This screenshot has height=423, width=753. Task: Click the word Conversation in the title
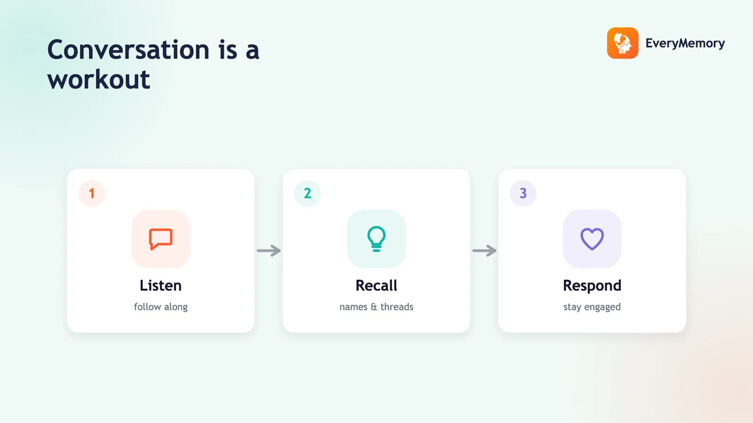(x=128, y=50)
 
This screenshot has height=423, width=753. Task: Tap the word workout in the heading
(x=99, y=79)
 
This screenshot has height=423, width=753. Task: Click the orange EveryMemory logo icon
(x=623, y=43)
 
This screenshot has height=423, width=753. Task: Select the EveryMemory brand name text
(x=685, y=43)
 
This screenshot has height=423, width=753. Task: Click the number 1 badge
(x=92, y=193)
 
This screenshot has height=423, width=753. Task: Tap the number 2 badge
(x=308, y=193)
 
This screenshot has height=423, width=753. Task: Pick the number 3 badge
(x=523, y=193)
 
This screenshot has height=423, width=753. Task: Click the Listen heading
(x=160, y=285)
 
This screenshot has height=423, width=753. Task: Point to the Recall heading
(x=376, y=285)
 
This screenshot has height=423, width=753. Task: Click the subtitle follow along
(x=160, y=307)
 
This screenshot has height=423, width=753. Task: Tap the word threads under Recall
(x=397, y=306)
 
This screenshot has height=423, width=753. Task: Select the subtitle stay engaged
(x=592, y=307)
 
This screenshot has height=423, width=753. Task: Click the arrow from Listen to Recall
(x=269, y=251)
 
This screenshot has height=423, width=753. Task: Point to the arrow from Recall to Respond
(x=484, y=251)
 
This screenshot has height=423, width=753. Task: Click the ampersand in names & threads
(x=374, y=307)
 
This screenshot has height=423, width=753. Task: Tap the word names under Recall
(x=353, y=307)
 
